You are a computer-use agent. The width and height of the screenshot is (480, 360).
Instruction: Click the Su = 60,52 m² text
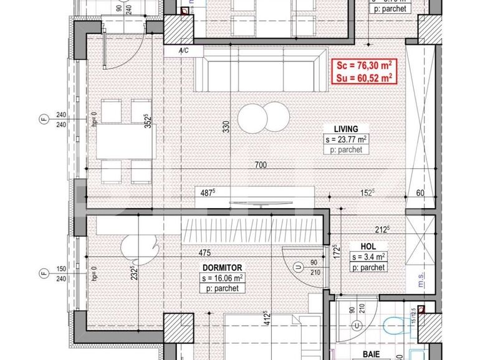(362, 78)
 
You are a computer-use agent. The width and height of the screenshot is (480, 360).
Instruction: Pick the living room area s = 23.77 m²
(345, 140)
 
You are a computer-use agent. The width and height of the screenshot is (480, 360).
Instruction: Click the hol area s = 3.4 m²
(368, 257)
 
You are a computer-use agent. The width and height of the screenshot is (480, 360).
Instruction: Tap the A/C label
(183, 50)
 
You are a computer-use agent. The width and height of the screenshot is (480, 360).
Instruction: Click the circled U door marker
(299, 267)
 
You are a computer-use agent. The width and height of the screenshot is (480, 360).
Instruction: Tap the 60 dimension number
(420, 193)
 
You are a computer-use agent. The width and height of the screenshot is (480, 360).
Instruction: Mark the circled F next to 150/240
(43, 273)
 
